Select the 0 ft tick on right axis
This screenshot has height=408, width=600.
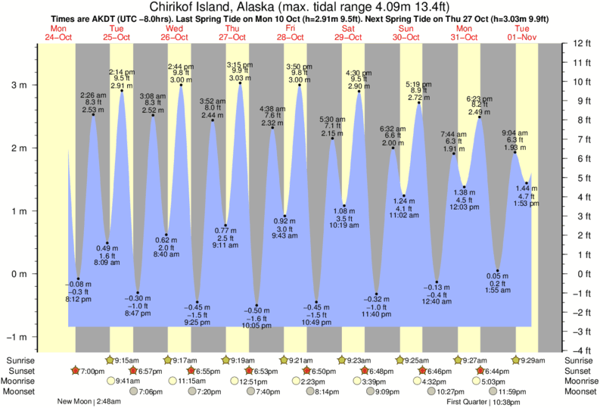click(x=580, y=274)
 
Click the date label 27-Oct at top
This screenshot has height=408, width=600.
click(x=233, y=37)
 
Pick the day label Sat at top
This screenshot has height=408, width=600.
click(x=348, y=28)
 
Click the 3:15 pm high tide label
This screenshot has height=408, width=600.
click(x=240, y=66)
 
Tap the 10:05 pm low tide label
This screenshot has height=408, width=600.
click(x=257, y=326)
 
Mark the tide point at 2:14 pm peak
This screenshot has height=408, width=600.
click(x=122, y=92)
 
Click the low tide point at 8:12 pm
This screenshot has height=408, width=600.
click(x=79, y=279)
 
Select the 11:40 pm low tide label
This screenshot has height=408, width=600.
click(x=376, y=314)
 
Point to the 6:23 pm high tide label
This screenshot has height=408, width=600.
click(x=480, y=99)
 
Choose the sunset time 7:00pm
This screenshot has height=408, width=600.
click(x=92, y=371)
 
